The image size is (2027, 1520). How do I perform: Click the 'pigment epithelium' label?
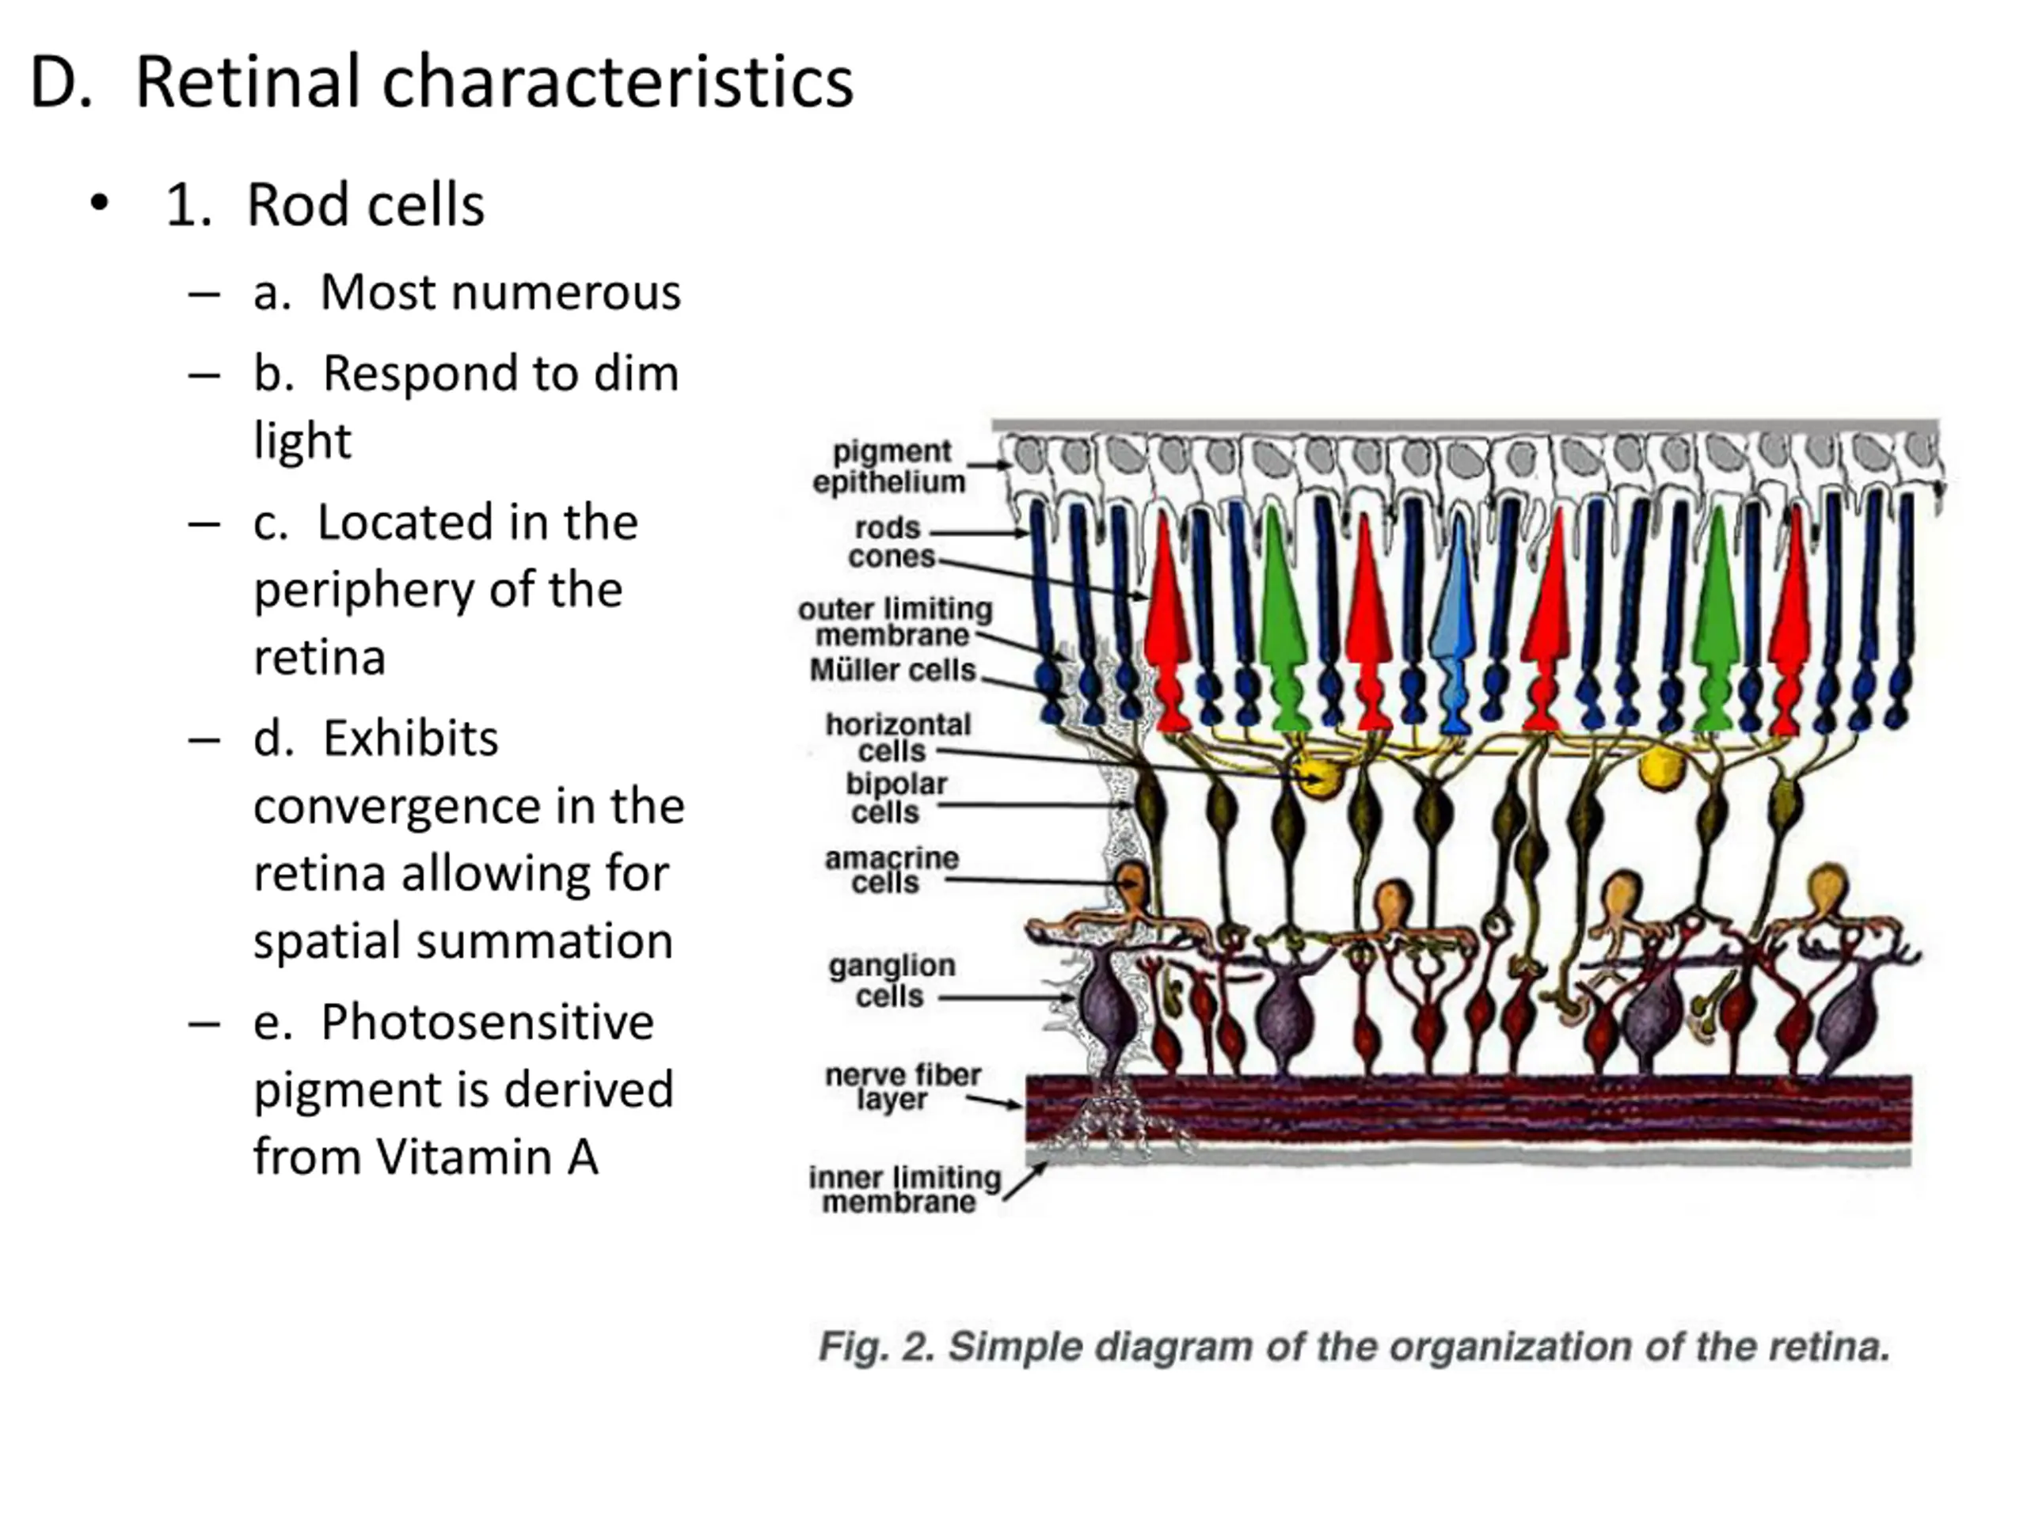(889, 466)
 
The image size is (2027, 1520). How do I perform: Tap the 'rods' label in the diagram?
(886, 529)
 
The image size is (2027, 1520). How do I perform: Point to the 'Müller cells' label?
(892, 670)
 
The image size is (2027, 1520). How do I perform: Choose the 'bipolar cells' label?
(896, 797)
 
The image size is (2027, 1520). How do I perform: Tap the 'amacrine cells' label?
(891, 869)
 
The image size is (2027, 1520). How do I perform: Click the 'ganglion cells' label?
(891, 979)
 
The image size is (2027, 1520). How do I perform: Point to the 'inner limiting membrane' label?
(903, 1189)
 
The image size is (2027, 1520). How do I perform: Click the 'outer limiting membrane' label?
(895, 621)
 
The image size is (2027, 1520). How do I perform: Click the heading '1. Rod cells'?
(325, 204)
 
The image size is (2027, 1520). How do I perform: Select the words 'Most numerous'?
(500, 293)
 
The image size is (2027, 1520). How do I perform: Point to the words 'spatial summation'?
(462, 941)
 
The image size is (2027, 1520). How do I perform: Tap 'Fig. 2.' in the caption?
(875, 1347)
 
